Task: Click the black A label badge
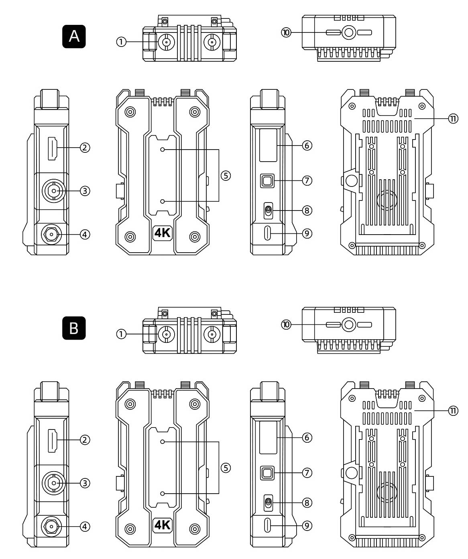pos(74,36)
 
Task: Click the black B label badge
pos(74,328)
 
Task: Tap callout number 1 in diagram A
pos(121,42)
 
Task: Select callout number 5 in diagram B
pos(226,468)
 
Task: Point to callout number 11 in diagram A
pos(453,119)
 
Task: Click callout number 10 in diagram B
pos(286,324)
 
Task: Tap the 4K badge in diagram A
pos(163,233)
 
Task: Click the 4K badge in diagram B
pos(163,525)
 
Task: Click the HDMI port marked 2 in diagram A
pos(52,149)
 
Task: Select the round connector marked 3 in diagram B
pos(54,483)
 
